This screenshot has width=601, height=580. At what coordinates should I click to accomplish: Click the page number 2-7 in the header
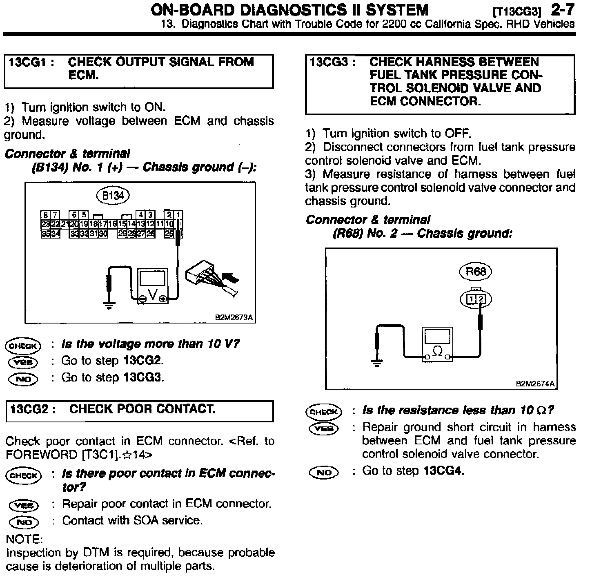pyautogui.click(x=562, y=10)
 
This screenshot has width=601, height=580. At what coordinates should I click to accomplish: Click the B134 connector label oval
pyautogui.click(x=113, y=196)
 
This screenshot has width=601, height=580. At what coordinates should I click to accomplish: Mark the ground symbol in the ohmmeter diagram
pyautogui.click(x=377, y=362)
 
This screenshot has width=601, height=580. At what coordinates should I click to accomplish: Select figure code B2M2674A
pyautogui.click(x=535, y=384)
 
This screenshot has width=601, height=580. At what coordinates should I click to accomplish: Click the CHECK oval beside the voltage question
pyautogui.click(x=23, y=346)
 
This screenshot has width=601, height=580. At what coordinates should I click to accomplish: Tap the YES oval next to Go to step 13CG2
pyautogui.click(x=23, y=362)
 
